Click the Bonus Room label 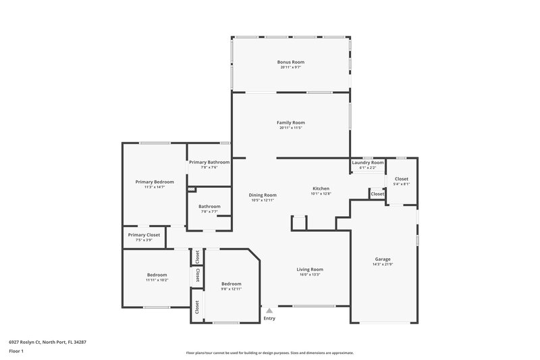tap(291, 62)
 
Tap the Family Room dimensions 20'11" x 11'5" tap(291, 128)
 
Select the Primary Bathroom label tap(209, 162)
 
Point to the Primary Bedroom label tap(155, 182)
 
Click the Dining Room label tap(263, 195)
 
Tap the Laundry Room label tap(368, 163)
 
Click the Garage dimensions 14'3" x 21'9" tap(383, 264)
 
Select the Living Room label tap(310, 269)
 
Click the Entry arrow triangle tap(269, 311)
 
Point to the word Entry tap(269, 318)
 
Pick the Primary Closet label tap(144, 234)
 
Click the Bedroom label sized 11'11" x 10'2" tap(157, 274)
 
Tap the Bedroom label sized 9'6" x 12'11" tap(232, 284)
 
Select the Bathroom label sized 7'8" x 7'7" tap(209, 206)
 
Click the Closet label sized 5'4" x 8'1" tap(402, 179)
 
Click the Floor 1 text tap(16, 351)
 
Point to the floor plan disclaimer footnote tap(269, 353)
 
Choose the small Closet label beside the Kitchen tap(377, 194)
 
